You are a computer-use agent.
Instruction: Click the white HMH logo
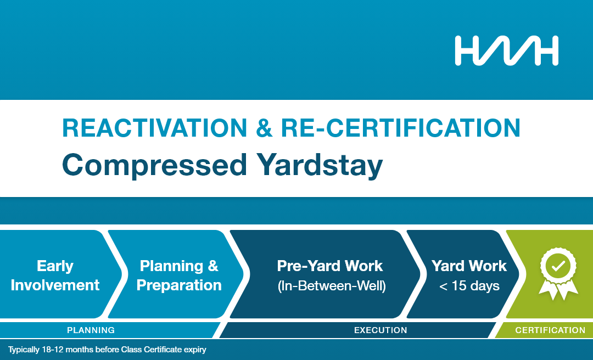[x=506, y=50]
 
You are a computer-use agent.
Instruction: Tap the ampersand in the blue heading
[x=264, y=128]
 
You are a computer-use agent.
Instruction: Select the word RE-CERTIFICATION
[x=400, y=128]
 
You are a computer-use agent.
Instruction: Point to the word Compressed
[x=155, y=165]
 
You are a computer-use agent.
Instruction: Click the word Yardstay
[x=320, y=166]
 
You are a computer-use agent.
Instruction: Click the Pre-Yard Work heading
[x=330, y=266]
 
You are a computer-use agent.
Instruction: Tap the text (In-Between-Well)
[x=332, y=286]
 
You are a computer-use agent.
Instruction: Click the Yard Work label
[x=469, y=266]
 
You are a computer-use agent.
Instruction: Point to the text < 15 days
[x=469, y=286]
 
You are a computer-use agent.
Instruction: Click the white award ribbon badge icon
[x=558, y=274]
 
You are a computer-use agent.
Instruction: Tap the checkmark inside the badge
[x=558, y=266]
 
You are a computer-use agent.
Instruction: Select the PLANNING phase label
[x=91, y=330]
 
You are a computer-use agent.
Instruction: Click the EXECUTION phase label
[x=381, y=330]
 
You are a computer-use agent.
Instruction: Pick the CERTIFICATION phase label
[x=550, y=330]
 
